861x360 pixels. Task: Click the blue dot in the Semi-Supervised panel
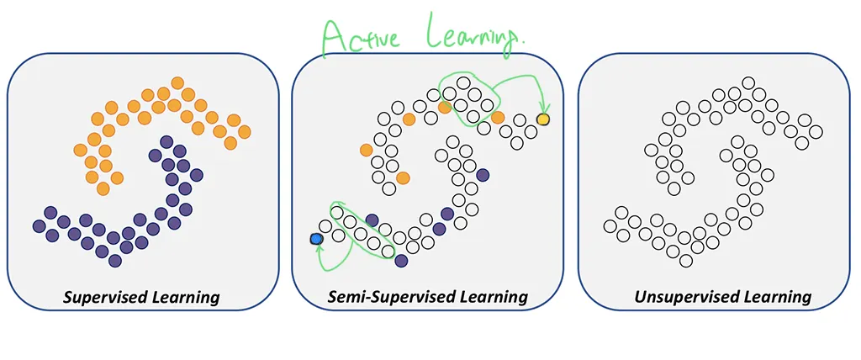(316, 240)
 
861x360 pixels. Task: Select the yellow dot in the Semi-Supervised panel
(543, 120)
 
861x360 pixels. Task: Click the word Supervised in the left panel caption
(106, 297)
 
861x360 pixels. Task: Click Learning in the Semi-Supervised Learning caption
(492, 297)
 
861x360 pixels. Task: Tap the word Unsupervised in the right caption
(678, 297)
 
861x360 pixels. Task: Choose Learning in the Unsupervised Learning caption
(776, 297)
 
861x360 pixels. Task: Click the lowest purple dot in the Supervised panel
(115, 262)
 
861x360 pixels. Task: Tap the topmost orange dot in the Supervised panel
(177, 82)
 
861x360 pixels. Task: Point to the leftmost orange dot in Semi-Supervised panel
(366, 150)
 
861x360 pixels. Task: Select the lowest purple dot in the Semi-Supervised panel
(401, 261)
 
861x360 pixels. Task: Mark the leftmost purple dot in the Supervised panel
(39, 225)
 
